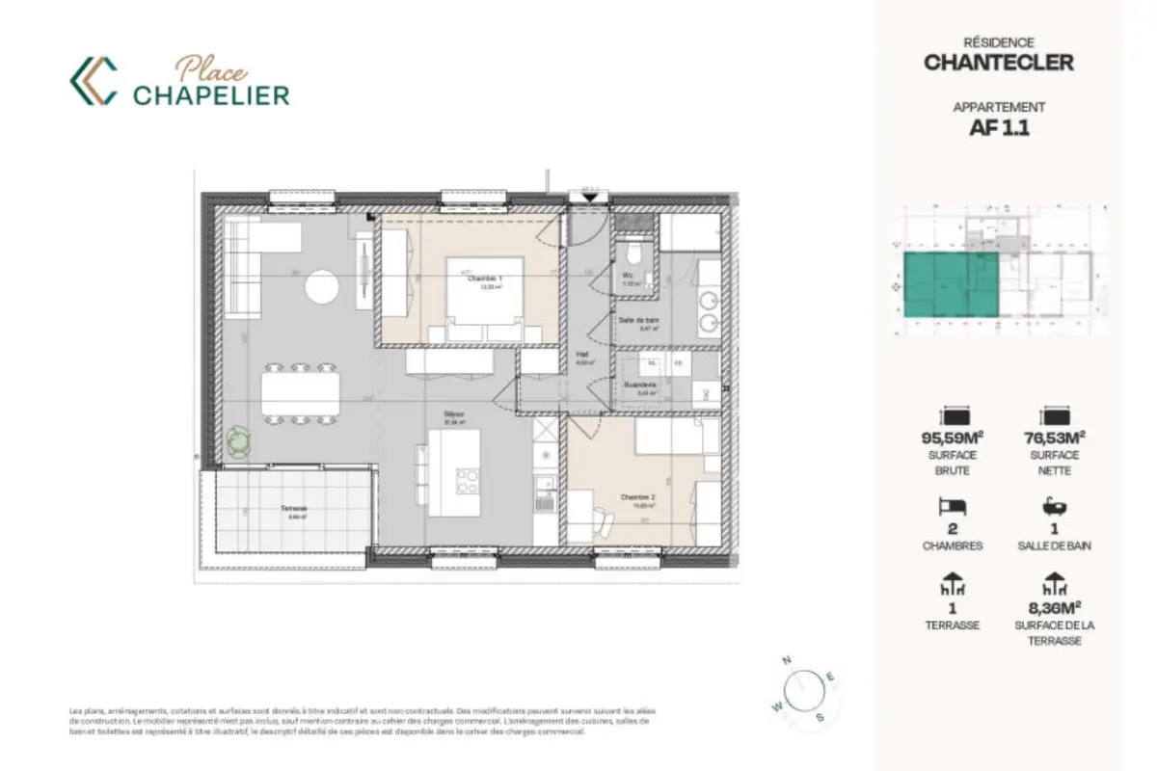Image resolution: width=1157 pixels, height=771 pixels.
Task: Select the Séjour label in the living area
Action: (x=453, y=417)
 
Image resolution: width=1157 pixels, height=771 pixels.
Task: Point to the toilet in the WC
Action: (x=632, y=254)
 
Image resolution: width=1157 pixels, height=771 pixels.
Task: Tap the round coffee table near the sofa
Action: (x=322, y=286)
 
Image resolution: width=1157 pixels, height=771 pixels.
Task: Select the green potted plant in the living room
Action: (x=238, y=442)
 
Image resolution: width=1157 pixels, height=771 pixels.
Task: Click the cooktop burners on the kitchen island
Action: (x=468, y=479)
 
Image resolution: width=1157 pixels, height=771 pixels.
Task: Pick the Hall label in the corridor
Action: (x=584, y=355)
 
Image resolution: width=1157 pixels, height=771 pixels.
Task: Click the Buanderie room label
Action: (x=639, y=385)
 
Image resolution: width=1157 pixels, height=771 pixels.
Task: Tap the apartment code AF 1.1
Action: (x=998, y=128)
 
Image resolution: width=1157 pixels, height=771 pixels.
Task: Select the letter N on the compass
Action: (x=787, y=660)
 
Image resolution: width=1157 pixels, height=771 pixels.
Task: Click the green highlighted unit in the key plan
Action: (x=950, y=286)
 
